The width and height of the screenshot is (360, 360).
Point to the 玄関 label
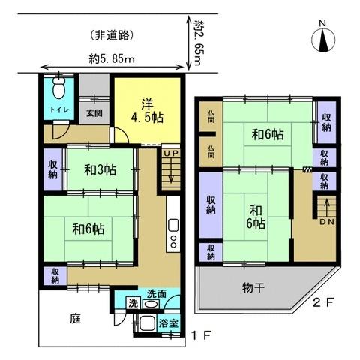93,113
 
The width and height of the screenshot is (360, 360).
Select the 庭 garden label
77,317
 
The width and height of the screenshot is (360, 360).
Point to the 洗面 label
157,293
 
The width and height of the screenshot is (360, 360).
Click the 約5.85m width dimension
111,58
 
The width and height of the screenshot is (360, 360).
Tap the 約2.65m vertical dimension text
199,44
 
